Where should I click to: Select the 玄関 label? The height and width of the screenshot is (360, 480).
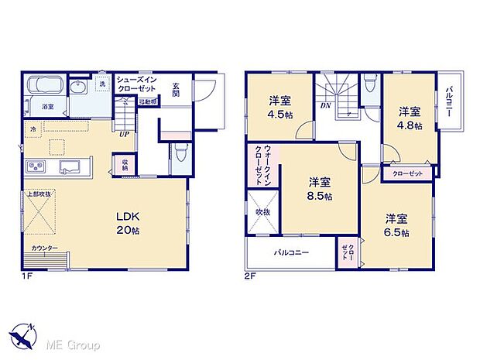[176, 87]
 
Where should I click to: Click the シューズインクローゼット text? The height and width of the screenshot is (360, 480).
[137, 84]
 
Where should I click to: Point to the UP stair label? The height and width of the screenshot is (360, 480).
[124, 132]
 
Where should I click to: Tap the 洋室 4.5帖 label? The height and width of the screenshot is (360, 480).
[279, 106]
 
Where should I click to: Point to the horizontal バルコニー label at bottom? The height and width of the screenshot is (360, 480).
[290, 252]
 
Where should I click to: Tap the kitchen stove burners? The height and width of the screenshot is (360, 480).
[36, 166]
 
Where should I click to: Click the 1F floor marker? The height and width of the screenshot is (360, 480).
[26, 274]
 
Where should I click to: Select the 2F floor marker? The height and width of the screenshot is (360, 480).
[250, 274]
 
